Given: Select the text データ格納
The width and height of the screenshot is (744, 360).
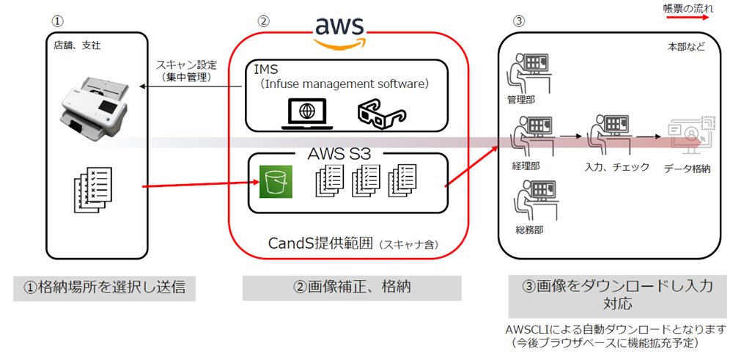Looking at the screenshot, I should [688, 167].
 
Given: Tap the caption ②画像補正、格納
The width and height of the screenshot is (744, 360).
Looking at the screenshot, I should [351, 287].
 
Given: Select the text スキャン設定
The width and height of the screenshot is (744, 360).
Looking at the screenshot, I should [176, 65].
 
